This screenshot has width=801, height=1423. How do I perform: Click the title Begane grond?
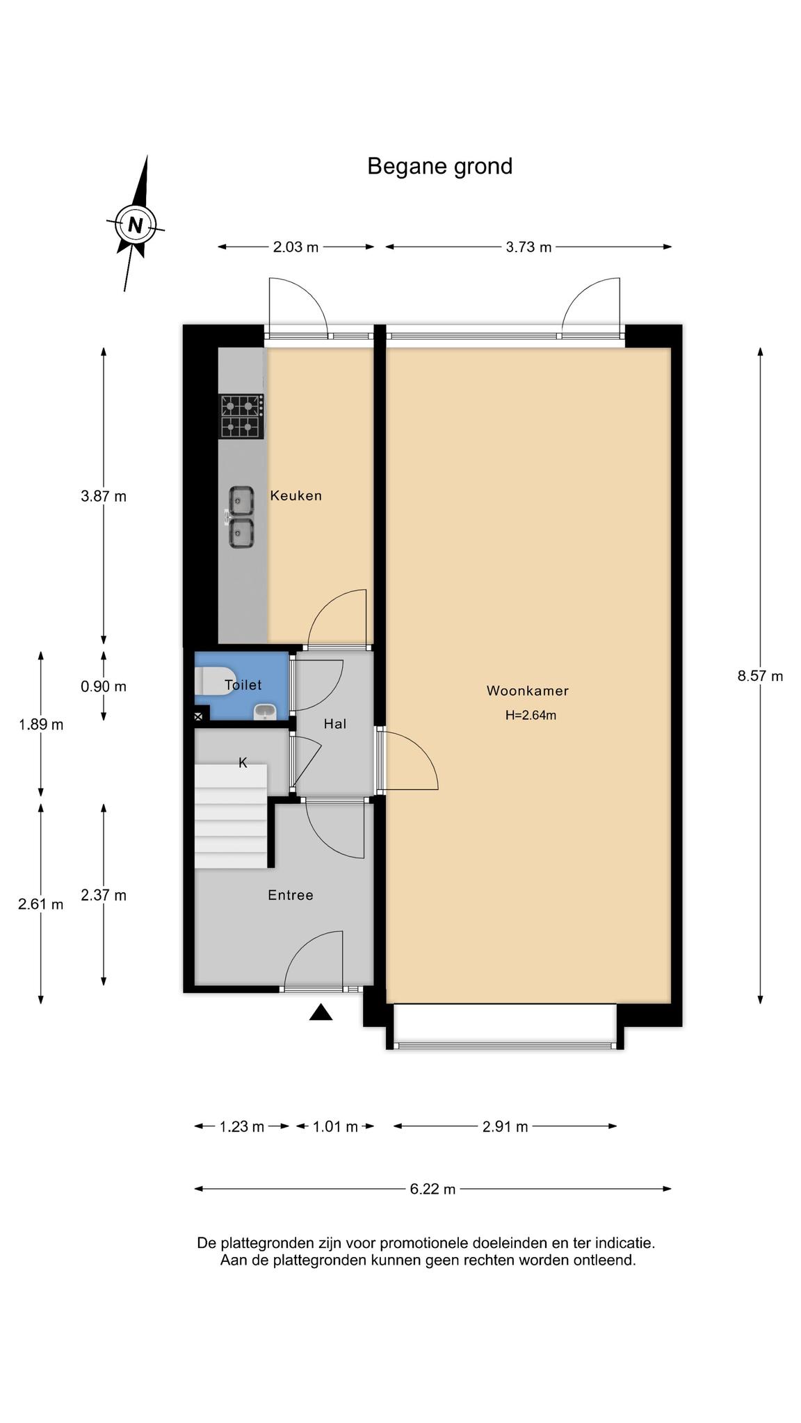coord(439,167)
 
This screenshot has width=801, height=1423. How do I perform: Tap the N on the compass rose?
coord(136,225)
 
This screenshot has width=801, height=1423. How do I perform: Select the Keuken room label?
coord(296,496)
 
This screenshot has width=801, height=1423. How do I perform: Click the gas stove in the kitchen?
coord(242,416)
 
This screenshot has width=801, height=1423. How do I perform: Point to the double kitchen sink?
coord(241,518)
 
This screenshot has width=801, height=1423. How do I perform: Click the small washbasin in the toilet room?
coord(265,711)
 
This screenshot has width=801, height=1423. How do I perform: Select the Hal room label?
coord(335,724)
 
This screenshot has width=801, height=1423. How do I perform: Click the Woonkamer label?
coord(528,691)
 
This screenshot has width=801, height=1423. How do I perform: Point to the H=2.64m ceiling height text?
coord(531,715)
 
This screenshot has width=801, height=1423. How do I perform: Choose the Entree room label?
coord(291,896)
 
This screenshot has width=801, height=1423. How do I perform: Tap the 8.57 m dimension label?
coord(760,676)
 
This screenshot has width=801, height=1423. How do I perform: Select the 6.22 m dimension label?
coord(432,1189)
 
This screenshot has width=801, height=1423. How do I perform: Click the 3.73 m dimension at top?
coord(528,247)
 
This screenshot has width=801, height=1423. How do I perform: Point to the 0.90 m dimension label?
coord(104,686)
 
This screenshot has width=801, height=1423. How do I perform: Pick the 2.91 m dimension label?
coord(505,1126)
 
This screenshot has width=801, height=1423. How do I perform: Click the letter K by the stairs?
coord(243,763)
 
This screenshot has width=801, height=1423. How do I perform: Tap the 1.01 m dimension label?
coord(335,1126)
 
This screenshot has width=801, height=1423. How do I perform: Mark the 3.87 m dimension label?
coord(104,497)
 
